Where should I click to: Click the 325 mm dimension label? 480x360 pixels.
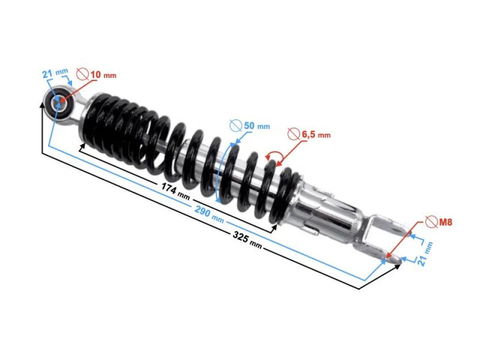click(246, 238)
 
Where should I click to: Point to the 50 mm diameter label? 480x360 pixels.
click(256, 126)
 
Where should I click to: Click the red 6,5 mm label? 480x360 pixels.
click(316, 134)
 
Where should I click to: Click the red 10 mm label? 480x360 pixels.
click(102, 75)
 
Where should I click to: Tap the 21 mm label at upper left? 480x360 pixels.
click(54, 73)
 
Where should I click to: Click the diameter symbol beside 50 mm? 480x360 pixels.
click(235, 125)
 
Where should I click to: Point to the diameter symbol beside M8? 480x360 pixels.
click(429, 220)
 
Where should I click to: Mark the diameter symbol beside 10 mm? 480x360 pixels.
click(82, 75)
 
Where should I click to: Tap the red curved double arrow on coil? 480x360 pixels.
click(274, 156)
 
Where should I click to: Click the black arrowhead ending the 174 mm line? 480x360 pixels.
click(274, 228)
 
